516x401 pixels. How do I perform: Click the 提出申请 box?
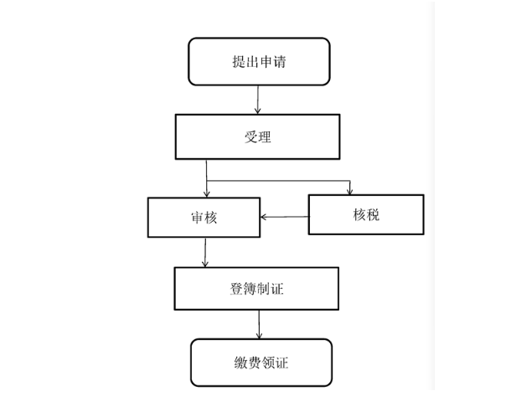(259, 61)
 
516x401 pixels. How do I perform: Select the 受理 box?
(258, 136)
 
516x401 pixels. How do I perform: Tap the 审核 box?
(204, 218)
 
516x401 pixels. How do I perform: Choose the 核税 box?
(366, 215)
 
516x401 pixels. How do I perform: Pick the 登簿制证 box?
(256, 289)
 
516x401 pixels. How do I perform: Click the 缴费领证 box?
(261, 362)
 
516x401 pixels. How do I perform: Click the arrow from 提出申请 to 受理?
(258, 100)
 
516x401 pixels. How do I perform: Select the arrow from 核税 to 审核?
(285, 217)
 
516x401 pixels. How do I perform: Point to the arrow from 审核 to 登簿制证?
(205, 252)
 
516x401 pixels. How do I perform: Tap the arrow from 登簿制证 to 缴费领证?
(259, 325)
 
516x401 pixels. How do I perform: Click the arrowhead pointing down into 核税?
(350, 192)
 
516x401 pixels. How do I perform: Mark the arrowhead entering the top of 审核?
(207, 193)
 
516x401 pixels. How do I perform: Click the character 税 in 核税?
(374, 215)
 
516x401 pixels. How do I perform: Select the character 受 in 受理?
(250, 136)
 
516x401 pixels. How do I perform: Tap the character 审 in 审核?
(198, 218)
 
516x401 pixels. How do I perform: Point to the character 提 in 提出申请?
(239, 61)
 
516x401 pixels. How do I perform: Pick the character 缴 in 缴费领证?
(241, 362)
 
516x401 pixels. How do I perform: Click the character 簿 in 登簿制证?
(250, 289)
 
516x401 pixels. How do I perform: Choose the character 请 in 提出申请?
(280, 61)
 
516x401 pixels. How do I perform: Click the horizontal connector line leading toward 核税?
(278, 181)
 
